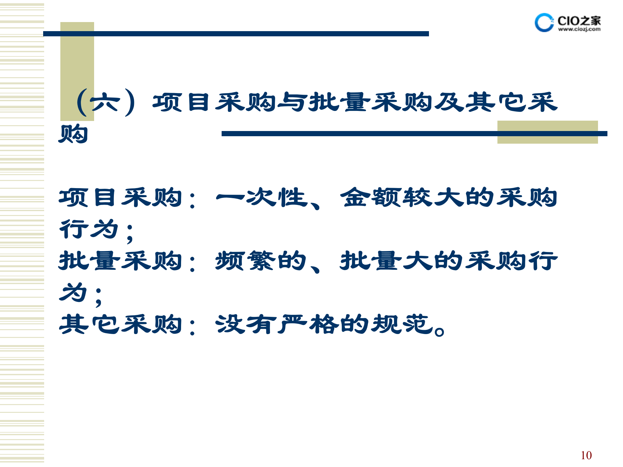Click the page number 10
[x=586, y=455]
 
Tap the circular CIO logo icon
[x=544, y=23]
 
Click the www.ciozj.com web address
[x=579, y=29]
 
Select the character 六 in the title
[x=105, y=102]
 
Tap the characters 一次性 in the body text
[x=261, y=197]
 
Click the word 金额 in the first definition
[x=370, y=197]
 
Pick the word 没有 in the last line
[x=246, y=324]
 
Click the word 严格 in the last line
[x=308, y=324]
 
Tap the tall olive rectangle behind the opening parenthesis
[x=77, y=65]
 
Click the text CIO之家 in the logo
[x=579, y=21]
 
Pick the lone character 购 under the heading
[x=73, y=134]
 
